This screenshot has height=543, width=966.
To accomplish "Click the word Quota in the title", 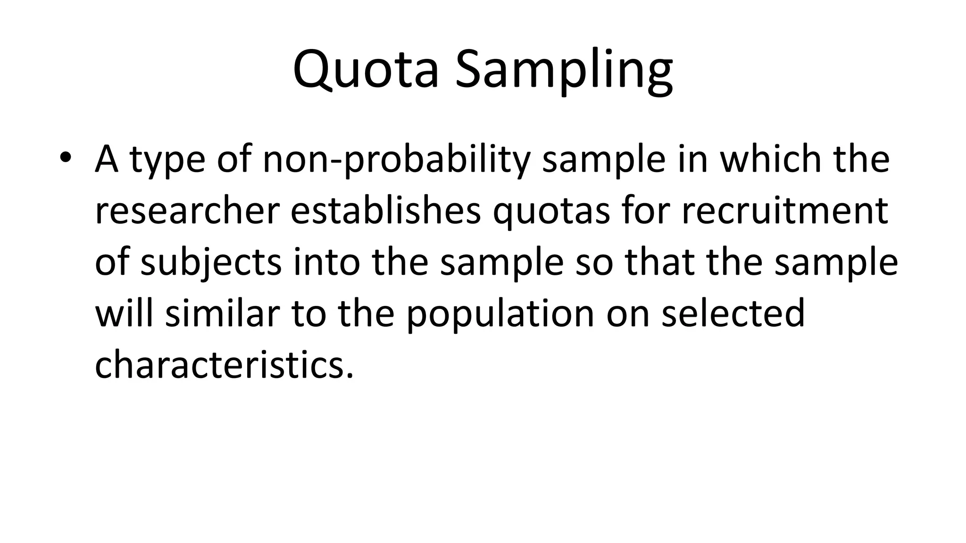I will pos(366,70).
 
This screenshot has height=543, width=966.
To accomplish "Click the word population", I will pos(500,315).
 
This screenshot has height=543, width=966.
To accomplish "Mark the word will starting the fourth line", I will pos(124,314).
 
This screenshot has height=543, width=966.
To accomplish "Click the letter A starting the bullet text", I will pos(106,158).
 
